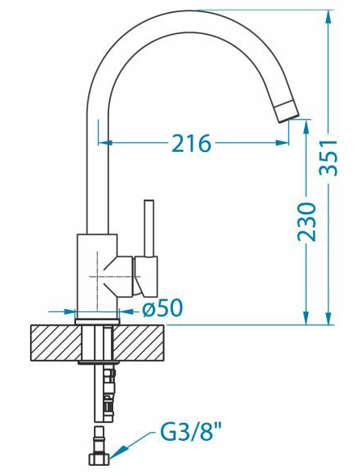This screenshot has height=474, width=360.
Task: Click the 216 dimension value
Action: (x=191, y=143)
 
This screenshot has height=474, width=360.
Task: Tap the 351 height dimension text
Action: (x=328, y=158)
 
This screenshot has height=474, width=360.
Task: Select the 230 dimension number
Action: (x=307, y=222)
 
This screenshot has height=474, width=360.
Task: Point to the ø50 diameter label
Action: (x=163, y=308)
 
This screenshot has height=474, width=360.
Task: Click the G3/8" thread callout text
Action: (x=190, y=433)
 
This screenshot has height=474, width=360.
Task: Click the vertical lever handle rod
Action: (x=149, y=228)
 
